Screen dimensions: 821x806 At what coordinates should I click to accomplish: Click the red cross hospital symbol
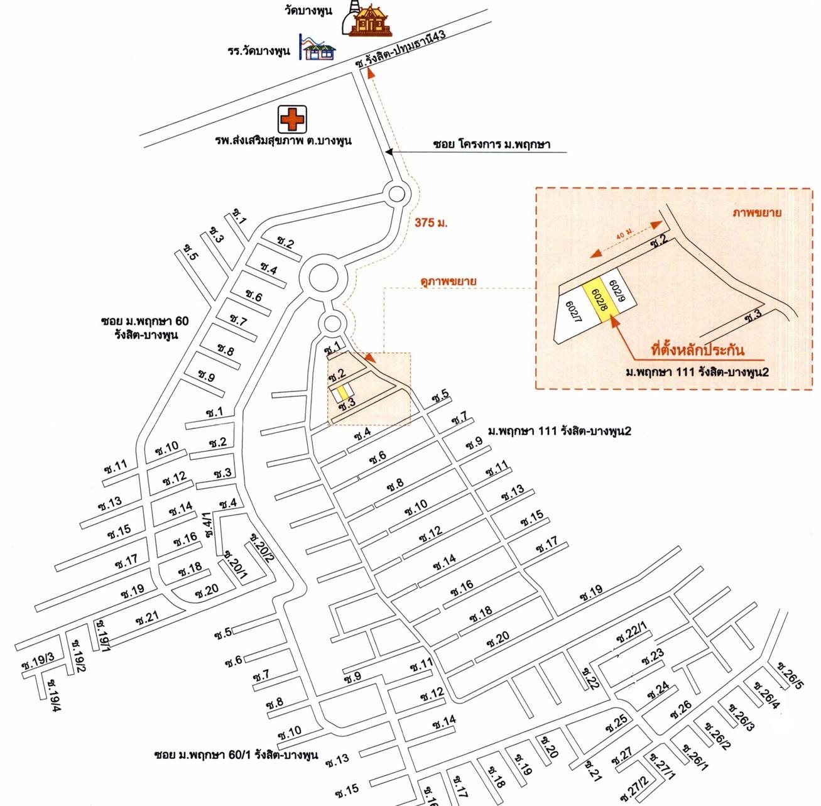pos(292,119)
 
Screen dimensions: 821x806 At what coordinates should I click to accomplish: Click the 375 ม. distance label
pos(431,222)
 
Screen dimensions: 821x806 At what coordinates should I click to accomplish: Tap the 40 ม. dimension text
pos(626,233)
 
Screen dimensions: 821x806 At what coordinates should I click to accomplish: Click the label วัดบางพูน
pos(308,10)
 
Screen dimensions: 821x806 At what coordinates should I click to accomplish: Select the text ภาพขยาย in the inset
pos(757,212)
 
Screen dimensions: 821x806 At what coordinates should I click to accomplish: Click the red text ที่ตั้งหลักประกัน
pos(698,349)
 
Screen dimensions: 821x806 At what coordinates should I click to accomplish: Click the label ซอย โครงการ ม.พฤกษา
pos(492,144)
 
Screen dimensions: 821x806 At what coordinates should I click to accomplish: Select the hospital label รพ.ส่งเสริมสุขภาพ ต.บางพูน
pos(283,140)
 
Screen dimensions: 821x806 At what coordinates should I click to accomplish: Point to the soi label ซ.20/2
pos(260,548)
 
